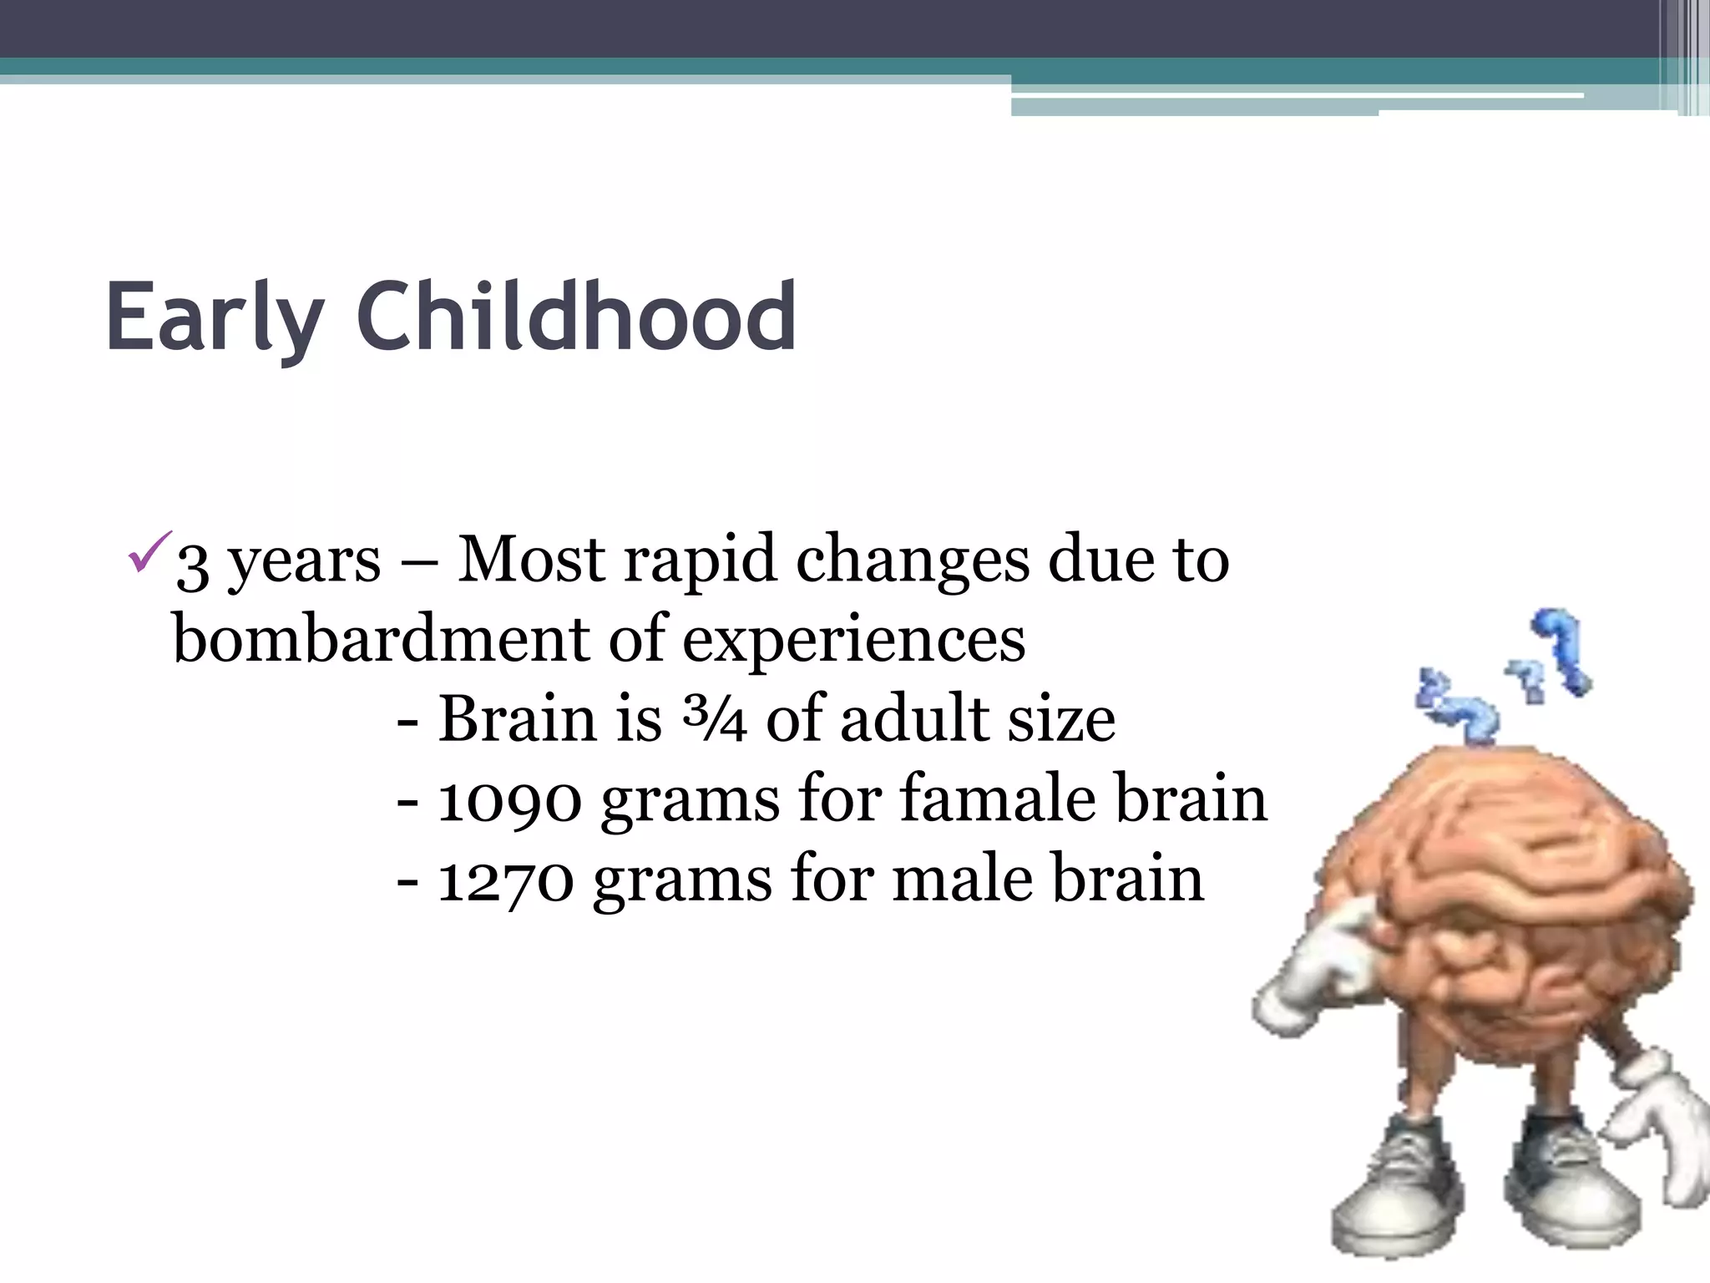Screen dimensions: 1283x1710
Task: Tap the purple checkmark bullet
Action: (150, 552)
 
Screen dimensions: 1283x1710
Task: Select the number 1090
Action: (509, 799)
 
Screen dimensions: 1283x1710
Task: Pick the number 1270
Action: (506, 880)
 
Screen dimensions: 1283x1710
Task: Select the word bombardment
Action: (381, 639)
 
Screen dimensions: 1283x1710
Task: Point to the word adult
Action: (914, 718)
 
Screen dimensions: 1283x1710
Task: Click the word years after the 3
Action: (304, 562)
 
